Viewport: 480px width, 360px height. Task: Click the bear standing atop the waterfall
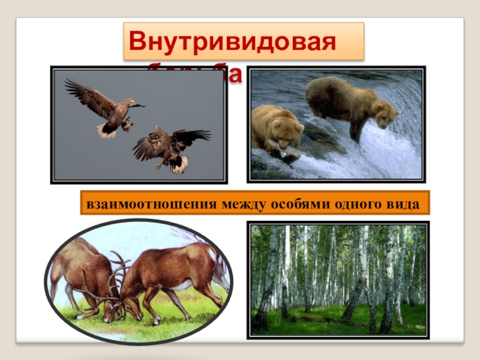pyautogui.click(x=348, y=102)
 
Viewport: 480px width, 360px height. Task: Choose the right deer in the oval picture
pyautogui.click(x=174, y=273)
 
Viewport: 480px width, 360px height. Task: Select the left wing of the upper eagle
pyautogui.click(x=84, y=96)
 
